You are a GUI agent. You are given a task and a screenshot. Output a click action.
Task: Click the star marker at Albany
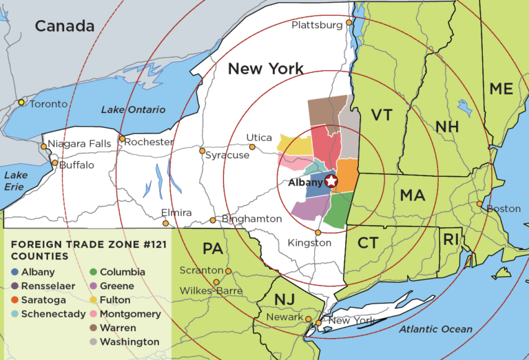[x=331, y=181]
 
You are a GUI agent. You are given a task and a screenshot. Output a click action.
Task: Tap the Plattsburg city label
[x=317, y=25]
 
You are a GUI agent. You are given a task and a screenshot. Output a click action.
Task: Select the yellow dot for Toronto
[x=21, y=103]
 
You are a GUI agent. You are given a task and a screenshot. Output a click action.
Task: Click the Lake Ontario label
[x=133, y=109]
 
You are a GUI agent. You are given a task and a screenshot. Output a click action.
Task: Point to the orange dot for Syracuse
[x=202, y=151]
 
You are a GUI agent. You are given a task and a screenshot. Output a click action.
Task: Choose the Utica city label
[x=260, y=138]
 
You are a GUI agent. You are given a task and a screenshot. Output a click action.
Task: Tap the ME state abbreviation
[x=501, y=89]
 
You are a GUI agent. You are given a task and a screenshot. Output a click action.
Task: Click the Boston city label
[x=504, y=209]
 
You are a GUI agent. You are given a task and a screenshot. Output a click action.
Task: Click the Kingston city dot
[x=318, y=233]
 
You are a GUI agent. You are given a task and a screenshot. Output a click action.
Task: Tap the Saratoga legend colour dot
[x=14, y=299]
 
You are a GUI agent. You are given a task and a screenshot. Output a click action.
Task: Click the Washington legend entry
[x=129, y=341]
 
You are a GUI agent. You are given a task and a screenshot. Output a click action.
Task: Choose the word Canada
[x=64, y=26]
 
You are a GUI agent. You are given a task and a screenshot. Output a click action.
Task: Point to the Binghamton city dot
[x=213, y=220]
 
